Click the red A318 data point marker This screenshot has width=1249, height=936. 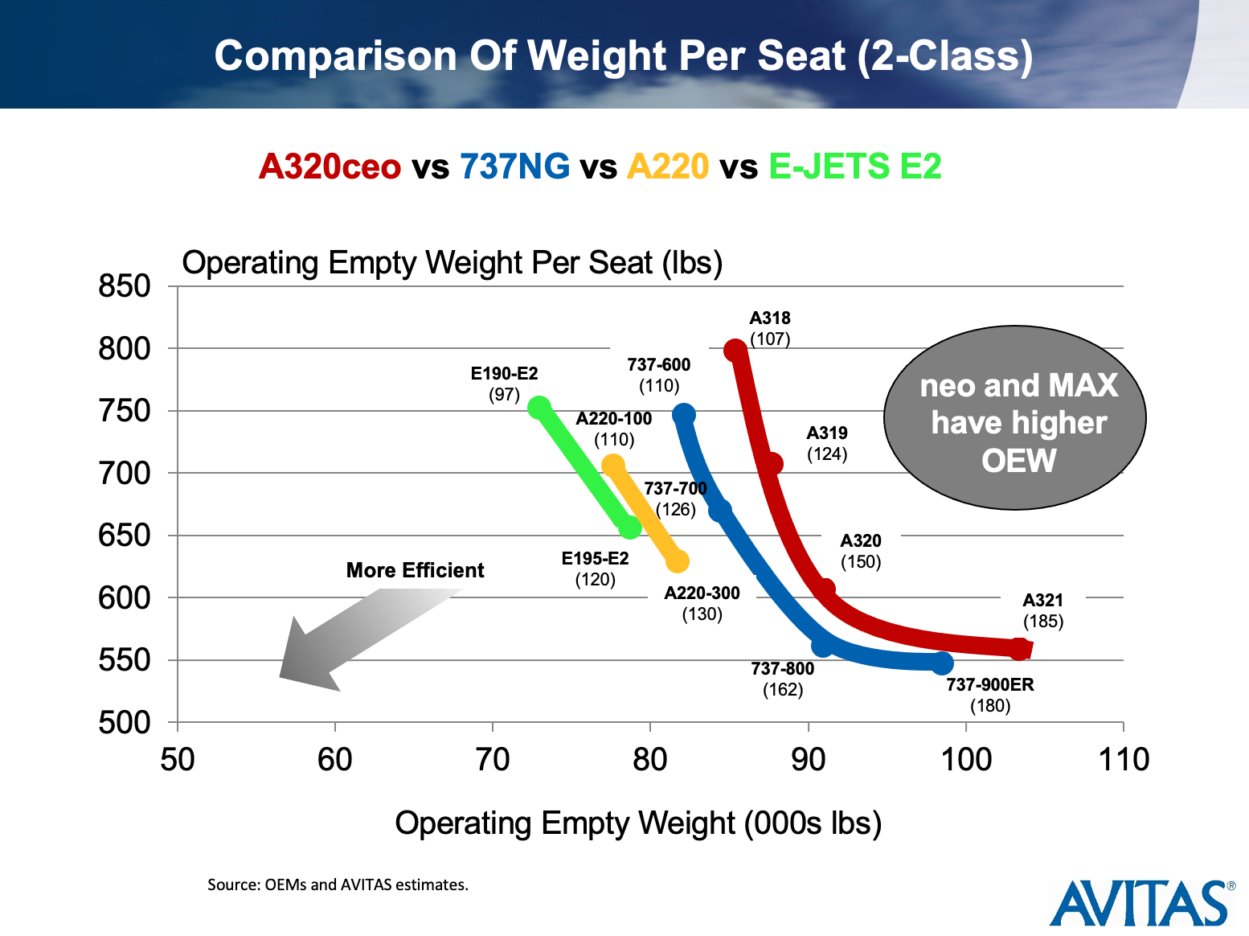735,351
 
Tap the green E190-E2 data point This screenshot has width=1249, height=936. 539,408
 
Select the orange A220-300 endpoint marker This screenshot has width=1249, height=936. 678,561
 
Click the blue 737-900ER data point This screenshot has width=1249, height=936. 943,663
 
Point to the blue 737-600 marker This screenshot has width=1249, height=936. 684,415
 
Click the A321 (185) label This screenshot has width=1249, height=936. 1042,611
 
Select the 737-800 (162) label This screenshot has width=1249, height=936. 782,679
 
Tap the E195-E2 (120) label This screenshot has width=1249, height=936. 595,569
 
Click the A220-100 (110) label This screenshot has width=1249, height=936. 614,429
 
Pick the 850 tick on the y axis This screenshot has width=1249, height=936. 125,286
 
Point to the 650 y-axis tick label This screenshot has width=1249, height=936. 125,536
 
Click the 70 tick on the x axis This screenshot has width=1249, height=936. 492,759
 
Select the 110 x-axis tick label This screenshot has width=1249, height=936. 1123,759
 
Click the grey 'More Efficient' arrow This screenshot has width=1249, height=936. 354,635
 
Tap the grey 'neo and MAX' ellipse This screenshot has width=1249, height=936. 1014,418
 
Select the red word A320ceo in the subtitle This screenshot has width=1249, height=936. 330,166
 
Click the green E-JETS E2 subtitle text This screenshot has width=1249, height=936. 854,166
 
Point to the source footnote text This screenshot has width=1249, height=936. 338,885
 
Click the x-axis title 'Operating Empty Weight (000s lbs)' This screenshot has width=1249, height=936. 638,823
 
